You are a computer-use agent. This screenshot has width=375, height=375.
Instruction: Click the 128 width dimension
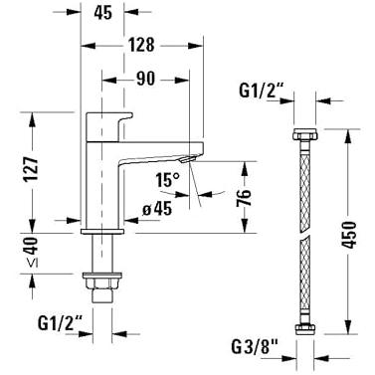click(x=141, y=45)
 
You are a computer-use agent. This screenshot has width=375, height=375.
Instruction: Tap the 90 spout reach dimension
click(x=145, y=79)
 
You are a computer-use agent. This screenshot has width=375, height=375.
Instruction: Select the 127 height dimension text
click(x=33, y=168)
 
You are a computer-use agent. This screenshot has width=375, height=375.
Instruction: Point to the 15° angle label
click(x=168, y=180)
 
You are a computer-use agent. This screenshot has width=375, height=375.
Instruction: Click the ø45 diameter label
click(x=157, y=209)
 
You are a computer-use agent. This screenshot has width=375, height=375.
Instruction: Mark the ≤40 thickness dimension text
click(x=33, y=253)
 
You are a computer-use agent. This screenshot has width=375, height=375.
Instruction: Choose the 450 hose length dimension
click(x=348, y=235)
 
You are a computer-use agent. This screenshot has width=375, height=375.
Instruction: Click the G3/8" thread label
click(x=254, y=347)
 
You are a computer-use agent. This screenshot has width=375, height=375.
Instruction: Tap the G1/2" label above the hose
click(x=262, y=91)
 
